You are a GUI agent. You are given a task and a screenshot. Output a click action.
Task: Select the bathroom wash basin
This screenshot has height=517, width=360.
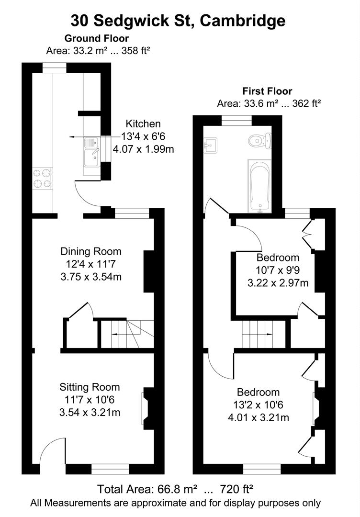[x=209, y=144]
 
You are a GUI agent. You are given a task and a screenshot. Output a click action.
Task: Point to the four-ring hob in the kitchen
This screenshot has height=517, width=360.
[x=42, y=178]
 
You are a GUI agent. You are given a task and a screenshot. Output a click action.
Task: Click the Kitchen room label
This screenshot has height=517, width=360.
[x=143, y=124]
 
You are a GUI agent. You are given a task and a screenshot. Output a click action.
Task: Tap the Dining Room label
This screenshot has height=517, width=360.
[x=91, y=251]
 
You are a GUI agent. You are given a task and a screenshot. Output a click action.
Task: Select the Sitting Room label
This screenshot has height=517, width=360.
[x=90, y=387]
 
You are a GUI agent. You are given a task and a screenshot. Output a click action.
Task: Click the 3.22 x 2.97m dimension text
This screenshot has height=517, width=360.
[x=278, y=283]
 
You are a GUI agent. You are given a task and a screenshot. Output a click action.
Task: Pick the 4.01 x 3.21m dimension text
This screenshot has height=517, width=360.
[x=259, y=417]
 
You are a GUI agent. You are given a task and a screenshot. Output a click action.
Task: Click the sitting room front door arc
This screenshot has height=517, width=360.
[x=52, y=452]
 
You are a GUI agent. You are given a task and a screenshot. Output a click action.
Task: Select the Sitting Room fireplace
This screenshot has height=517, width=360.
[x=146, y=408]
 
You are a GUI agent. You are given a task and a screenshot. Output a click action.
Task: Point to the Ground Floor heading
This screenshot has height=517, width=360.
[x=97, y=38]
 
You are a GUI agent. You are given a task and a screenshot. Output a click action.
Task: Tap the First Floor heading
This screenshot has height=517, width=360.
[x=267, y=91]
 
